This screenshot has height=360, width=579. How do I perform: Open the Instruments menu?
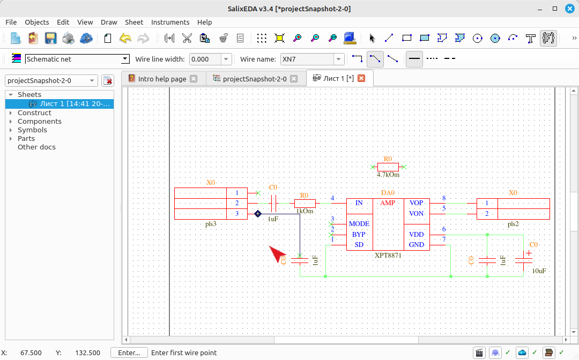[170, 22]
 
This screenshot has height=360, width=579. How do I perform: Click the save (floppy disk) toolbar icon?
[50, 38]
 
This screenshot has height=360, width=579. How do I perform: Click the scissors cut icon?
[187, 38]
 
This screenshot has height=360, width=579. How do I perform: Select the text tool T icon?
[530, 39]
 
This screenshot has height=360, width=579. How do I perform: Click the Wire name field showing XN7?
[307, 59]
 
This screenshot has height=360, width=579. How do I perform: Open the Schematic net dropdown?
[125, 59]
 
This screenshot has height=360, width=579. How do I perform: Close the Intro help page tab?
[194, 79]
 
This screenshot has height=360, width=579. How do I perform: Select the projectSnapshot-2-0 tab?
[255, 79]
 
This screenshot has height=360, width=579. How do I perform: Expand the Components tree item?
[11, 122]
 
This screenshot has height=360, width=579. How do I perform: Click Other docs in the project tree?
[36, 147]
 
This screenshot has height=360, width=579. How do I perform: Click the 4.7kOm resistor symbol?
[388, 167]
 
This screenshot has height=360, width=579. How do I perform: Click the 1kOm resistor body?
[305, 203]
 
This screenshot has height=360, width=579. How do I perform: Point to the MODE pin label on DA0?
[359, 223]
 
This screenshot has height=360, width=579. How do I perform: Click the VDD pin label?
[416, 234]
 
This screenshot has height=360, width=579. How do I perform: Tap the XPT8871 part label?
[388, 255]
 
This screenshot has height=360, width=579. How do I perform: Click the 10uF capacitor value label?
[539, 271]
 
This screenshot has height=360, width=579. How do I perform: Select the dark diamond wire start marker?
[258, 214]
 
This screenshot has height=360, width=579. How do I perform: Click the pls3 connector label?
[211, 224]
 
